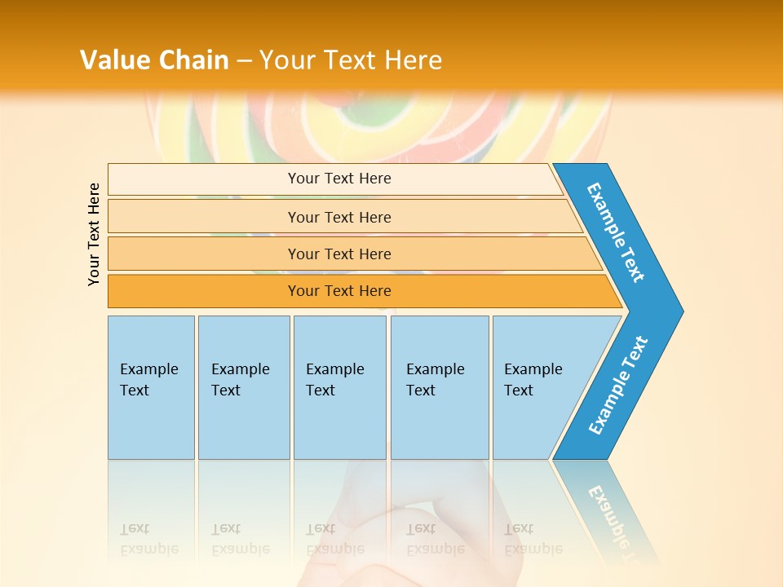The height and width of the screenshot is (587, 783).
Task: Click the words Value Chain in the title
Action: pyautogui.click(x=154, y=60)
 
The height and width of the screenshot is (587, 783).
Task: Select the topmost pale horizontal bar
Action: pyautogui.click(x=339, y=179)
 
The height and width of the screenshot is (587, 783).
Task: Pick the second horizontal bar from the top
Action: pyautogui.click(x=339, y=217)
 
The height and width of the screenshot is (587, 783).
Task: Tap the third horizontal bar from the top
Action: pyautogui.click(x=339, y=254)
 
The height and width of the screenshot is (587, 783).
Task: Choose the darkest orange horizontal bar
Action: pyautogui.click(x=339, y=291)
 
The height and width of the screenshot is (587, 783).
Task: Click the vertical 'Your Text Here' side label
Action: pyautogui.click(x=94, y=234)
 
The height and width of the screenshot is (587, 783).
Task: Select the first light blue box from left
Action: pyautogui.click(x=151, y=387)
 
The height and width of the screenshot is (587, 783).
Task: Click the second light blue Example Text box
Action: pyautogui.click(x=243, y=387)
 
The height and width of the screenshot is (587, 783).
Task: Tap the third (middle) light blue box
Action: pyautogui.click(x=339, y=387)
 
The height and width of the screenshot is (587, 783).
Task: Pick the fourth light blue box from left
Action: pyautogui.click(x=439, y=387)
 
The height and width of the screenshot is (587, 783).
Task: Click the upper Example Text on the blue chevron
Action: pyautogui.click(x=616, y=232)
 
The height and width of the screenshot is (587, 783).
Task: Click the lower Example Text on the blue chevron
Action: pyautogui.click(x=618, y=386)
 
